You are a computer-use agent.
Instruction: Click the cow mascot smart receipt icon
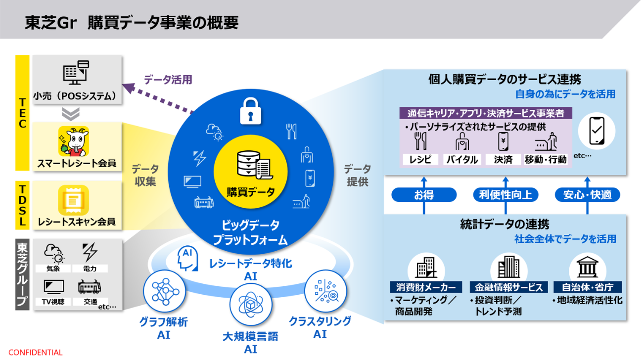pos(74,140)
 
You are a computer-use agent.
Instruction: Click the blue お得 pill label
pos(424,195)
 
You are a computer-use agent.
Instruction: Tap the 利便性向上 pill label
pos(505,195)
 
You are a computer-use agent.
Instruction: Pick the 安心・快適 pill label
pos(587,195)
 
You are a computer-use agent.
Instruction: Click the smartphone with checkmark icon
pos(597,132)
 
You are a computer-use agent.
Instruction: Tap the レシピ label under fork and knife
pos(420,159)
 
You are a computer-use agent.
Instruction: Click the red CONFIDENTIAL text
pos(36,353)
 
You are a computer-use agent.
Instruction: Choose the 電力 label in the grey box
pos(90,269)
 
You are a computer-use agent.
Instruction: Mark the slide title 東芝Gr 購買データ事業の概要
pos(132,23)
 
